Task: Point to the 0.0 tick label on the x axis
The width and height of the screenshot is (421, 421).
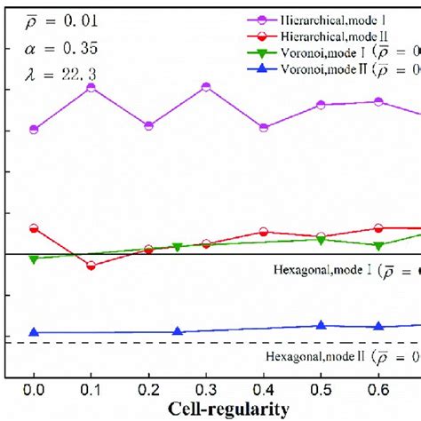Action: tap(34, 388)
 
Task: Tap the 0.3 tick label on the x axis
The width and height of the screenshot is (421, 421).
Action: tap(206, 388)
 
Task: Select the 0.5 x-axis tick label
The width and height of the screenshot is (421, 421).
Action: tap(321, 388)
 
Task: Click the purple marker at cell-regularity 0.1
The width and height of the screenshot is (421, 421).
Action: tap(91, 87)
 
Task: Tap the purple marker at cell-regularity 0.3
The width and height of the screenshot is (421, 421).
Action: tap(206, 87)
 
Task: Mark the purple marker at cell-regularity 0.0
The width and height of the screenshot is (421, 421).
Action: tap(34, 130)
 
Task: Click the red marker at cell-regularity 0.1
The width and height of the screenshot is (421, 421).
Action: tap(91, 266)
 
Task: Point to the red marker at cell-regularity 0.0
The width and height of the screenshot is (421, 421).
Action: tap(34, 228)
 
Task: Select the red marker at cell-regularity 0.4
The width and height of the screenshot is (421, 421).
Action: tap(264, 232)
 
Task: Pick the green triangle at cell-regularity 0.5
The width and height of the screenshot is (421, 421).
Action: tap(321, 240)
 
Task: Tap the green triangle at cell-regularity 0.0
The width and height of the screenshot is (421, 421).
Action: tap(34, 259)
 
